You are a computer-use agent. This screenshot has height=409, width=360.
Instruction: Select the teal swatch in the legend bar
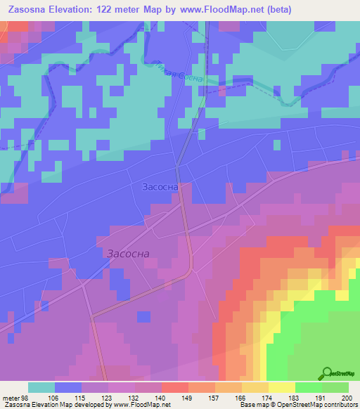(41, 387)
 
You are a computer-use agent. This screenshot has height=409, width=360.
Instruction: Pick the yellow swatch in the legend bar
(281, 387)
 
